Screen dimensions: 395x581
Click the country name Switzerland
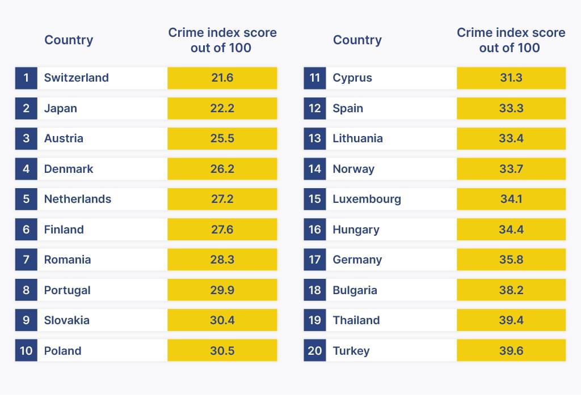pyautogui.click(x=76, y=78)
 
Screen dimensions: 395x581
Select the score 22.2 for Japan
pyautogui.click(x=222, y=108)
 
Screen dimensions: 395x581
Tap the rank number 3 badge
pyautogui.click(x=26, y=138)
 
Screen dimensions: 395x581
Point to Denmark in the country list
pyautogui.click(x=69, y=169)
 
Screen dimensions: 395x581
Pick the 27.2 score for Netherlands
pyautogui.click(x=222, y=199)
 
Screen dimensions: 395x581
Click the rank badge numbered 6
pyautogui.click(x=26, y=230)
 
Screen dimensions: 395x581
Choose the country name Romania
pyautogui.click(x=68, y=260)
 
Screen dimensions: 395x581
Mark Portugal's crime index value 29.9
pyautogui.click(x=222, y=290)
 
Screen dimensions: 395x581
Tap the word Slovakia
pyautogui.click(x=67, y=320)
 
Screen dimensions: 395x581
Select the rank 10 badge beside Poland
pyautogui.click(x=26, y=351)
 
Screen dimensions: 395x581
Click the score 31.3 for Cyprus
pyautogui.click(x=511, y=78)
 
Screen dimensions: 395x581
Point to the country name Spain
pyautogui.click(x=348, y=108)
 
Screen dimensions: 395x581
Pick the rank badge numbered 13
pyautogui.click(x=315, y=138)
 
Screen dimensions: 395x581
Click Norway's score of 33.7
pyautogui.click(x=511, y=169)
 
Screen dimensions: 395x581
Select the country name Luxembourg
pyautogui.click(x=367, y=199)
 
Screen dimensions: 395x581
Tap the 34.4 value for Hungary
pyautogui.click(x=511, y=230)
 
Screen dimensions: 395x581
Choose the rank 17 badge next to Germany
pyautogui.click(x=315, y=260)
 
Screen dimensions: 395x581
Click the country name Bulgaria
pyautogui.click(x=355, y=290)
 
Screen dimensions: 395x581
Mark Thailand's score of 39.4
pyautogui.click(x=511, y=320)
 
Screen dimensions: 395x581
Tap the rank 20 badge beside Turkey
pyautogui.click(x=315, y=351)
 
